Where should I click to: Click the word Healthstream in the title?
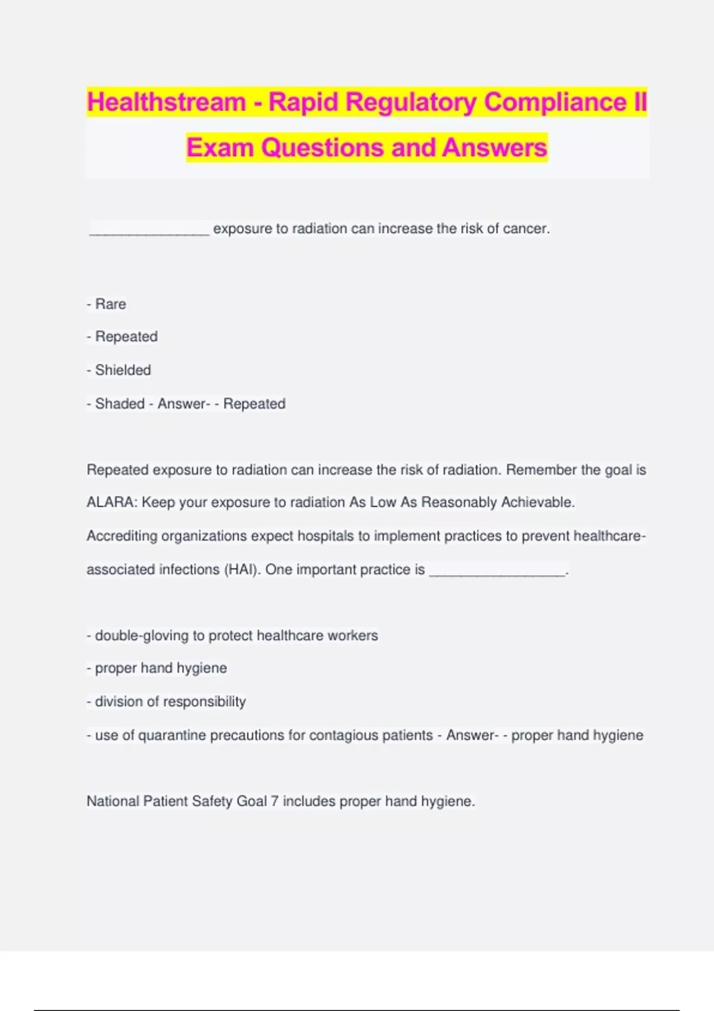(166, 102)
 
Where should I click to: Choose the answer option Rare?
(111, 304)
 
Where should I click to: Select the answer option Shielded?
(123, 370)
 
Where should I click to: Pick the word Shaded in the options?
(120, 404)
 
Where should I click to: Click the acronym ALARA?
(111, 503)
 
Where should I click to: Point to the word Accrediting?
(122, 536)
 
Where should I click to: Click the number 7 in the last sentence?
(274, 802)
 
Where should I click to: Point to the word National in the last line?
(112, 802)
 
